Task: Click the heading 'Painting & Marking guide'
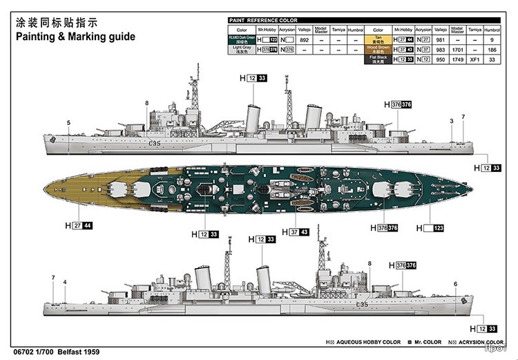71,37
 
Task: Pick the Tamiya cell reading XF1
474,60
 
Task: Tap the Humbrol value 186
492,50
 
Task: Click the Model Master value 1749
456,60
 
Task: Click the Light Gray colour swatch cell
242,50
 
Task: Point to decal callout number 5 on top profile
68,123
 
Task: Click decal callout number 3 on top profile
451,121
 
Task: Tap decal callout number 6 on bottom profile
455,283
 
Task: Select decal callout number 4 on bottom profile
65,282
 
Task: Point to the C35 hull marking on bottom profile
361,305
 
